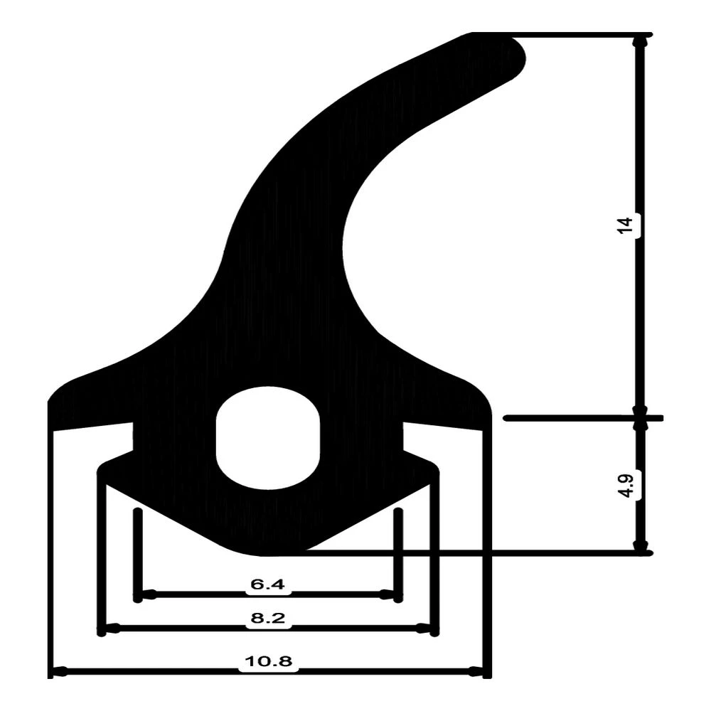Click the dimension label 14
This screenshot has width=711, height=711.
[625, 225]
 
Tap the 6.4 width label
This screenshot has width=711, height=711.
[267, 584]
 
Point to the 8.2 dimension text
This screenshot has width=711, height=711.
[267, 619]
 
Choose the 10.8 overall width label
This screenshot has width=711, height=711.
[268, 662]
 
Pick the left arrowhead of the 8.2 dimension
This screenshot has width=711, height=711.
[111, 629]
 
